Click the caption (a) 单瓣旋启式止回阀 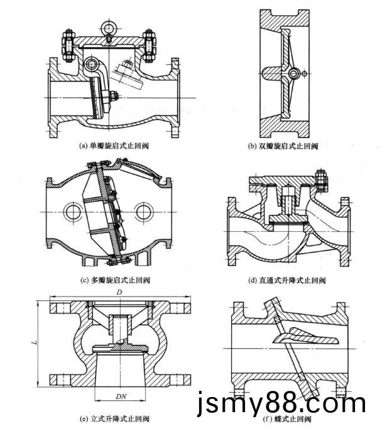pyautogui.click(x=114, y=145)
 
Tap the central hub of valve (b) pyautogui.click(x=292, y=74)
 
